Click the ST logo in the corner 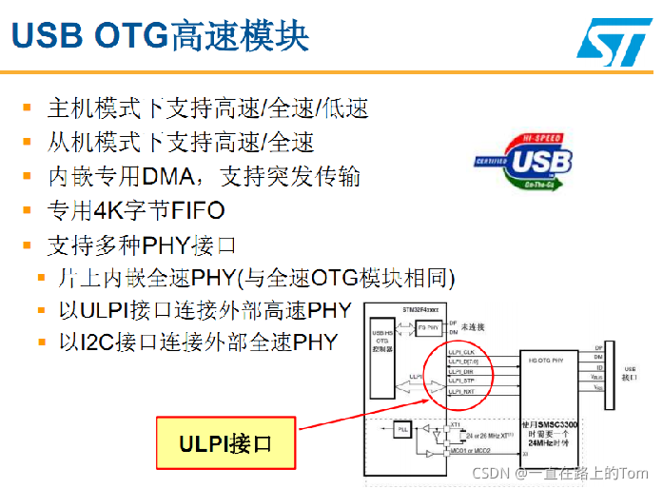tap(614, 39)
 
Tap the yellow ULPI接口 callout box tap(224, 443)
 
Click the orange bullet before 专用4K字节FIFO tap(27, 210)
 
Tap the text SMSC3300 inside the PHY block tap(556, 421)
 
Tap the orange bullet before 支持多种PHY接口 tap(27, 245)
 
